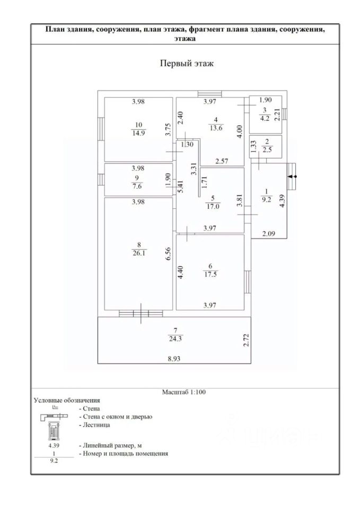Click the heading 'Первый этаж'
(x=187, y=63)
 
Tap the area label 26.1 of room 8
(x=138, y=253)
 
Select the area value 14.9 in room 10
(x=138, y=133)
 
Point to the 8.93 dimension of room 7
(x=174, y=359)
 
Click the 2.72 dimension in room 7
(x=247, y=340)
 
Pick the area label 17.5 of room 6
(x=210, y=274)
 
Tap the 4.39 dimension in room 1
(x=282, y=201)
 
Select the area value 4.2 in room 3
(x=265, y=118)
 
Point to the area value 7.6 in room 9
(x=137, y=186)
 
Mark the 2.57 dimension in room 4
(x=222, y=161)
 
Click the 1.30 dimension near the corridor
(x=187, y=144)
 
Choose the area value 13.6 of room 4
(x=216, y=128)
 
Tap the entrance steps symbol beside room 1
(x=292, y=176)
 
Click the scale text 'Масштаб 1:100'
(x=184, y=392)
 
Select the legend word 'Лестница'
(x=96, y=425)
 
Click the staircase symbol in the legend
(x=54, y=431)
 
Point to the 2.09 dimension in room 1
(x=268, y=233)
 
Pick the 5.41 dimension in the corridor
(x=180, y=187)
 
